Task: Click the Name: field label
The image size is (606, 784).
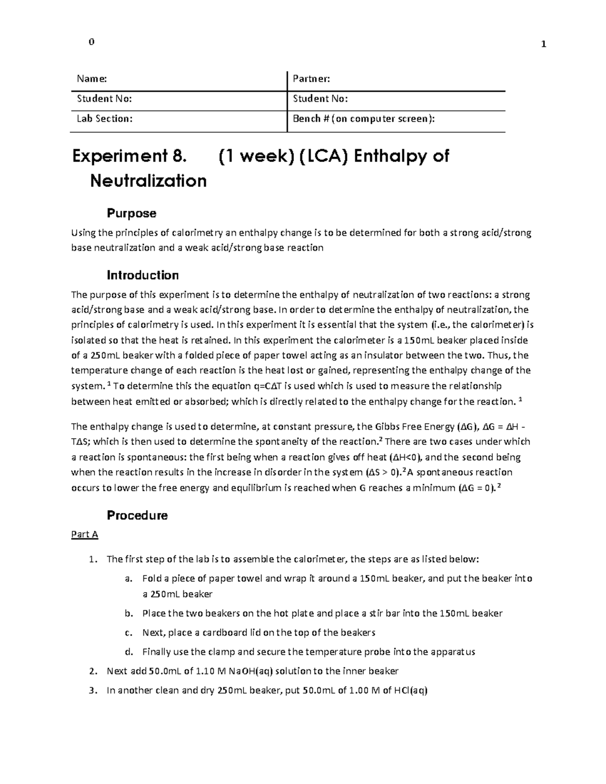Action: (91, 79)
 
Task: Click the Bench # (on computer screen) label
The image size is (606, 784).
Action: (364, 119)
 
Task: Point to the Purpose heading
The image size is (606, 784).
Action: (131, 213)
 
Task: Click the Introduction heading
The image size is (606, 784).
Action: (142, 275)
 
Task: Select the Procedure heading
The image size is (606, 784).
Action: (137, 515)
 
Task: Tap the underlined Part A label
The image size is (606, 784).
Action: (84, 534)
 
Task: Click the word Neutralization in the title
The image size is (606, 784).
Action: (148, 181)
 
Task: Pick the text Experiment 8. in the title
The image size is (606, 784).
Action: (129, 156)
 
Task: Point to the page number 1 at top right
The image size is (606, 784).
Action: (543, 44)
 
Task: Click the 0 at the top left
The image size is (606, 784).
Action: (91, 42)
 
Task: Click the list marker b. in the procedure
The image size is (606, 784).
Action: (129, 614)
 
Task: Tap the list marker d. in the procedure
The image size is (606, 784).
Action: (129, 652)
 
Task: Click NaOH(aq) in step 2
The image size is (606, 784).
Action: (250, 671)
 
